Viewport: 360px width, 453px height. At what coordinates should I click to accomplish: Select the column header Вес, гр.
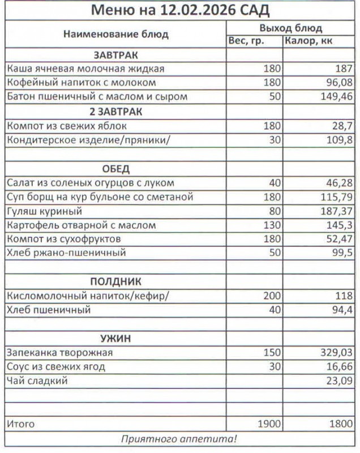coord(246,41)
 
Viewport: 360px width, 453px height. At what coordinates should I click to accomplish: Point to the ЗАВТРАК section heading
coord(115,55)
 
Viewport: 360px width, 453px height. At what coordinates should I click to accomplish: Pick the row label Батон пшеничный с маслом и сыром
coord(97,96)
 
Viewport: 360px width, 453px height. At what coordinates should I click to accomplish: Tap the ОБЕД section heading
coord(115,169)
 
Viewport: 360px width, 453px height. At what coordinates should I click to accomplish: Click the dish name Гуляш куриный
coord(44,211)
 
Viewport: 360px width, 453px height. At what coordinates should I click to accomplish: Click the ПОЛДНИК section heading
coord(115,281)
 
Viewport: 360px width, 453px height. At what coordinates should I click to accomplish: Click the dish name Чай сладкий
coord(37,381)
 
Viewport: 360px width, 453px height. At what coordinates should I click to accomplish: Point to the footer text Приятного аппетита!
coord(179,439)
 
